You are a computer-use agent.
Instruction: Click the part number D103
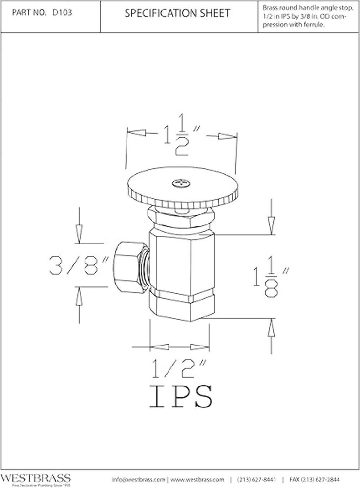62,13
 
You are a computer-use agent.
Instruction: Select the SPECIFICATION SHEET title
177,14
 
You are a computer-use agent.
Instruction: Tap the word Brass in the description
270,8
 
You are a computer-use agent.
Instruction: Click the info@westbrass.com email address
139,479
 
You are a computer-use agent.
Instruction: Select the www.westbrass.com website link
197,479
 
